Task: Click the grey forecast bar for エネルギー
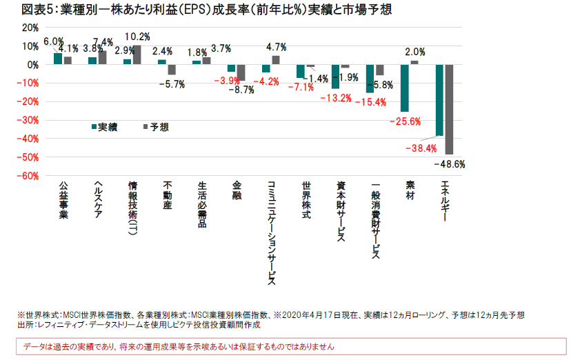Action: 448,109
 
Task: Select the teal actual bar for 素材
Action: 405,88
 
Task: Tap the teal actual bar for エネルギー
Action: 439,100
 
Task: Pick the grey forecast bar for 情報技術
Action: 136,55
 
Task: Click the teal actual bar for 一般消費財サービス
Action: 370,79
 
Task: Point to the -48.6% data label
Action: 450,164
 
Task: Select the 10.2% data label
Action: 137,37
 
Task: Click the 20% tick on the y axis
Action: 30,28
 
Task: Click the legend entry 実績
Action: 105,127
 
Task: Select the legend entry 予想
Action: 155,127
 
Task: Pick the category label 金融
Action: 237,190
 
